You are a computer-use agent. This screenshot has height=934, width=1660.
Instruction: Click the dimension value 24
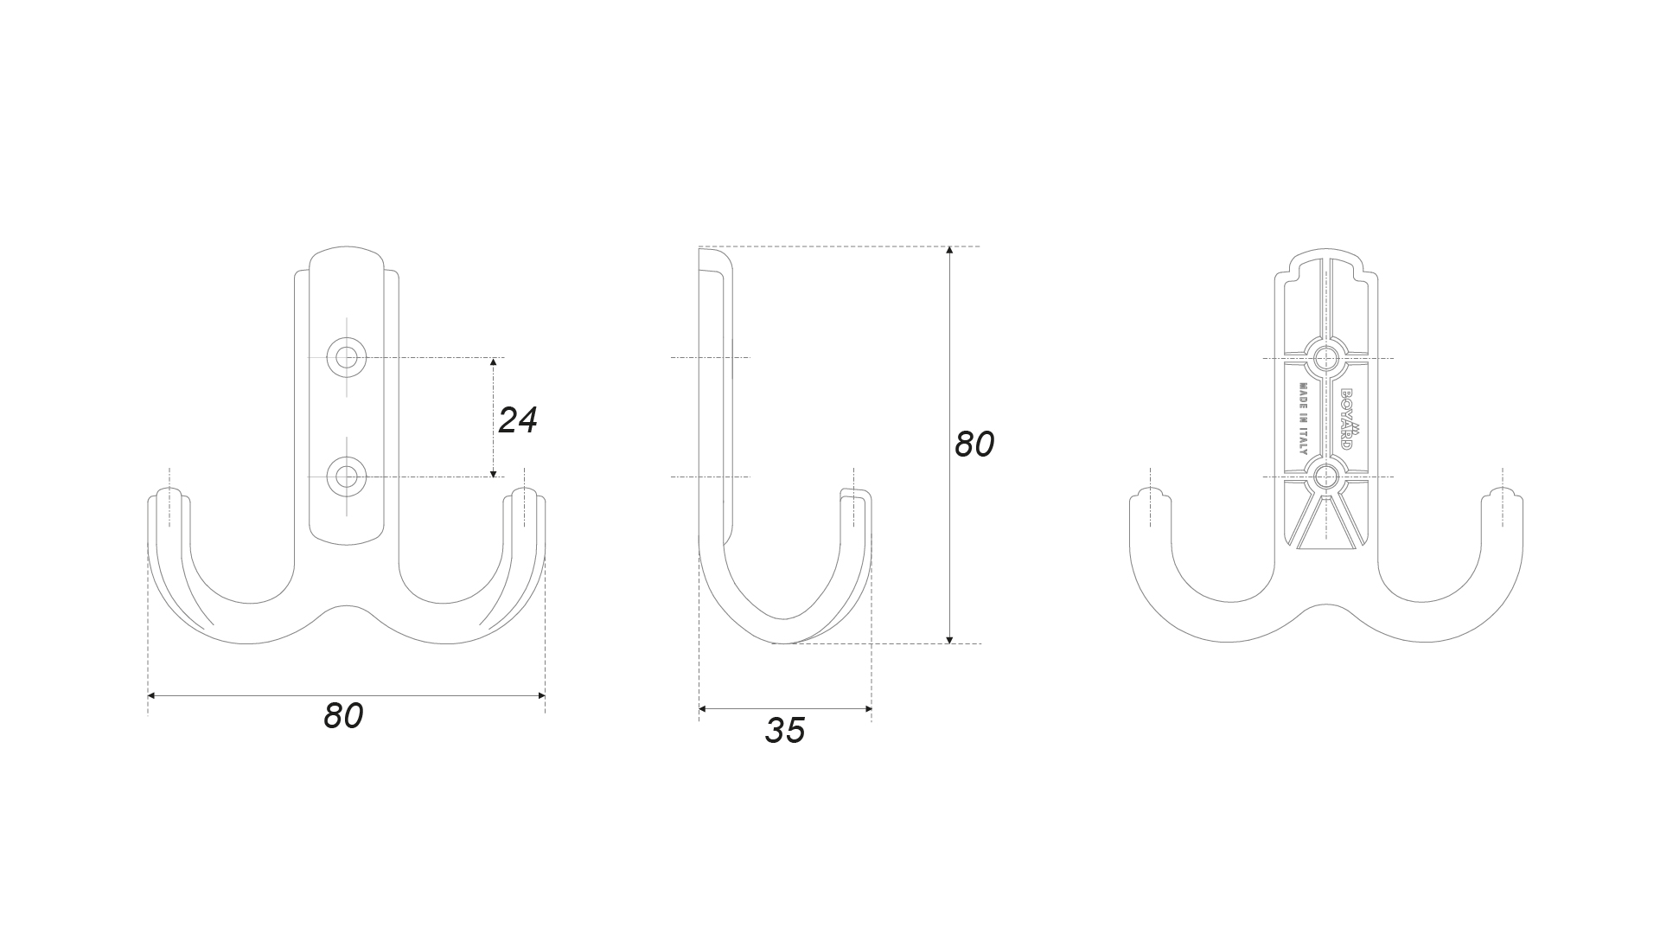pos(518,420)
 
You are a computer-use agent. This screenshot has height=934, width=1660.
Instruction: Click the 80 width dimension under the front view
pos(343,716)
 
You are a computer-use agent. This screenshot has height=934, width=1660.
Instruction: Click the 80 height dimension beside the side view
pos(974,445)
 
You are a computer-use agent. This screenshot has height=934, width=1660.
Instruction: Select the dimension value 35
pos(785,731)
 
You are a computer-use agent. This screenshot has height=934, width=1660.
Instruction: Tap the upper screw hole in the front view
pos(347,356)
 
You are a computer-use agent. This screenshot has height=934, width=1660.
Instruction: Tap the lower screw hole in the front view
pos(347,477)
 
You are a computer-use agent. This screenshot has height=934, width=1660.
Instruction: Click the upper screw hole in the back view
pos(1325,357)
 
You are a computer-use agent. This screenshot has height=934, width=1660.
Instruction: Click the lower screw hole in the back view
pos(1325,477)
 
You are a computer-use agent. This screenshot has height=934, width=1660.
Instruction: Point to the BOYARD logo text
pos(1347,419)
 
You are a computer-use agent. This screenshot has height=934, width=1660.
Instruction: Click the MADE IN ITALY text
pos(1303,419)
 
